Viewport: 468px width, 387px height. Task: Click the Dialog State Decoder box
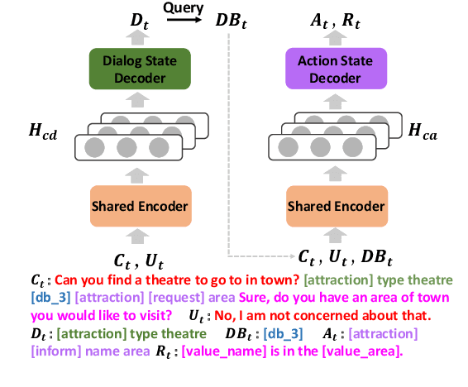[x=139, y=69]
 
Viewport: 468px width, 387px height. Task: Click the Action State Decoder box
[x=323, y=69]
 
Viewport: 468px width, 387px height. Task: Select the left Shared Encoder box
[x=139, y=206]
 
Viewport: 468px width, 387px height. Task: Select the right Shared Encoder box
[x=323, y=206]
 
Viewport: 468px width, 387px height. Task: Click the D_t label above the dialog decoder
[x=140, y=20]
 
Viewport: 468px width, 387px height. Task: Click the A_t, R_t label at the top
[x=324, y=19]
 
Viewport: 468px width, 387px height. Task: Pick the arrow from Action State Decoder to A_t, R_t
[x=323, y=37]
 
